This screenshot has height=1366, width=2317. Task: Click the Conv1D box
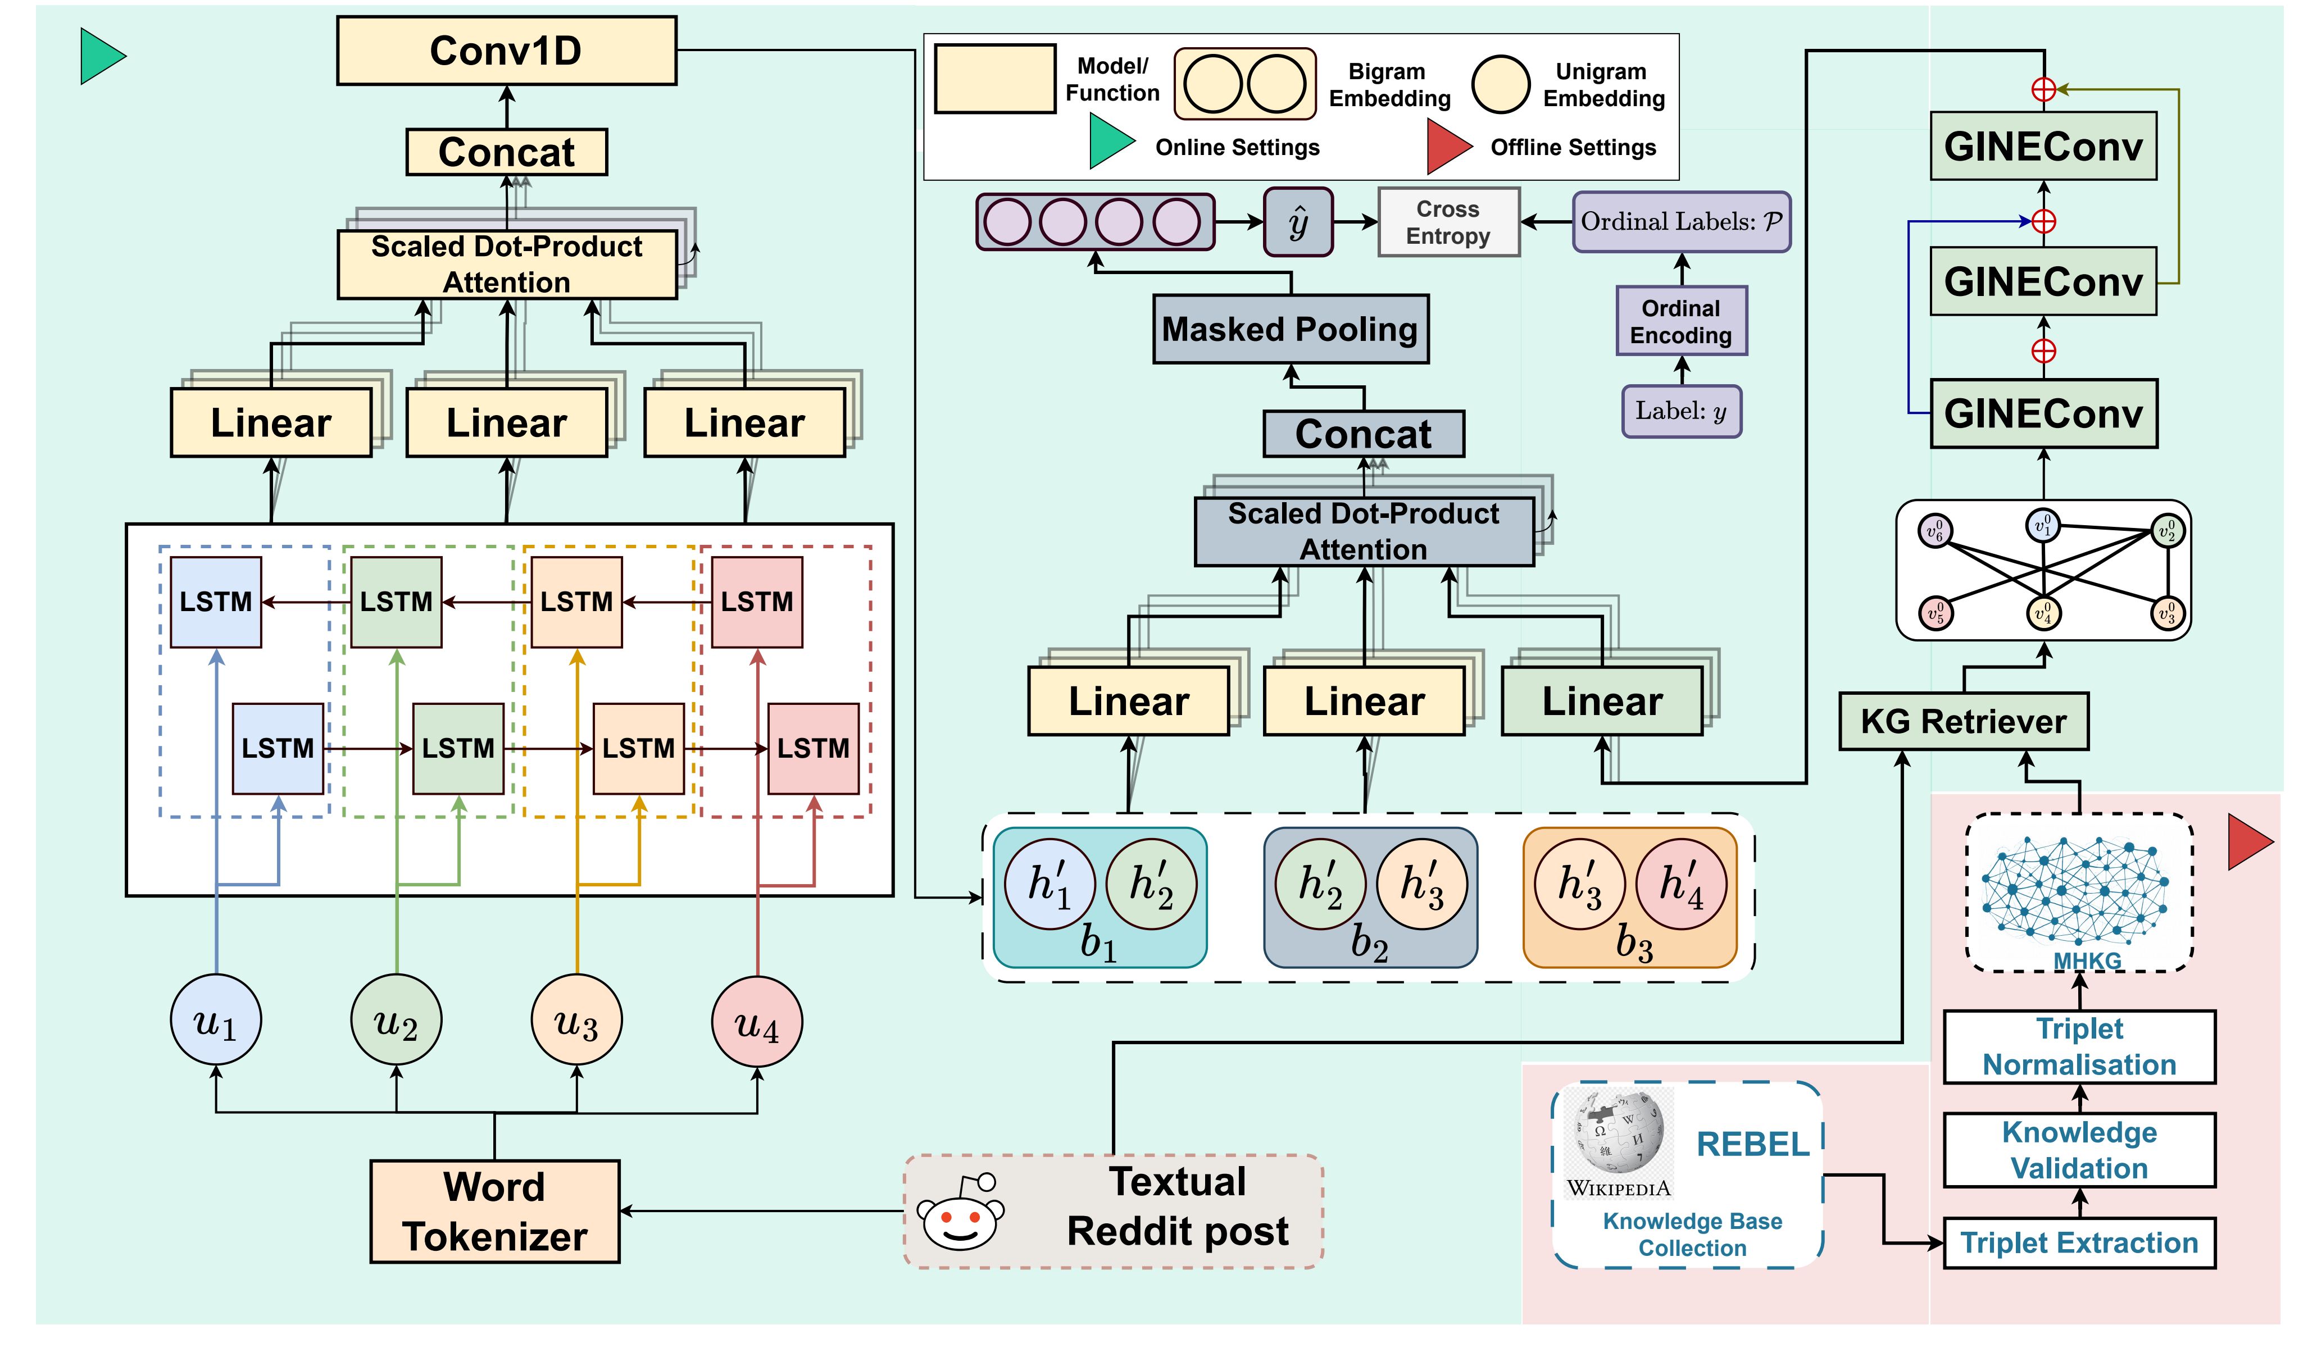point(506,51)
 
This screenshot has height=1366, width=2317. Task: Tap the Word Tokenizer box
point(494,1212)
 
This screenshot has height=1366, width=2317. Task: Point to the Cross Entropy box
point(1447,222)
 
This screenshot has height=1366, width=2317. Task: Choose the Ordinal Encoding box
point(1681,321)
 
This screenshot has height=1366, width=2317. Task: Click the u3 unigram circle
point(576,1021)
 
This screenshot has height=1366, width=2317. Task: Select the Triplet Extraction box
point(2079,1242)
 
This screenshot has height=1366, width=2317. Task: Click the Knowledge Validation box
point(2079,1150)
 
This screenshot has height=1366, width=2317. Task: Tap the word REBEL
point(1752,1144)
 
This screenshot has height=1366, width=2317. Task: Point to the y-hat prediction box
point(1298,222)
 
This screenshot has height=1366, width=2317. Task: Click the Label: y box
point(1681,412)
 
